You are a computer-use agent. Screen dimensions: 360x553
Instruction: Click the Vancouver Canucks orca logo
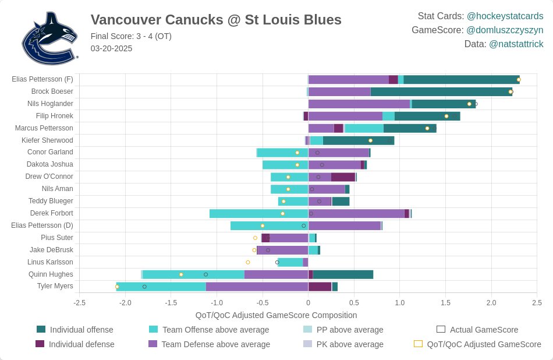pyautogui.click(x=49, y=38)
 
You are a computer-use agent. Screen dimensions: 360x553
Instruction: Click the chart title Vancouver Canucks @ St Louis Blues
pyautogui.click(x=216, y=20)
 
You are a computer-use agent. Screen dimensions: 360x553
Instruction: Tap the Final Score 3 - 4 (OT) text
pyautogui.click(x=131, y=36)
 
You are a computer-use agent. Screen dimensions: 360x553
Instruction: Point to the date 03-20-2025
pyautogui.click(x=111, y=48)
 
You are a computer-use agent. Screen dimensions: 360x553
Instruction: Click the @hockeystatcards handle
pyautogui.click(x=505, y=16)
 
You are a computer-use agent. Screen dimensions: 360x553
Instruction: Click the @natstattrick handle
pyautogui.click(x=516, y=44)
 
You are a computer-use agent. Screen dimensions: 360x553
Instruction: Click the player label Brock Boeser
pyautogui.click(x=52, y=91)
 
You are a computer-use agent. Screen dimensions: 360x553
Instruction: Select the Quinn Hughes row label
pyautogui.click(x=51, y=274)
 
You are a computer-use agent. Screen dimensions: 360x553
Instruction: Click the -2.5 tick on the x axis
pyautogui.click(x=80, y=303)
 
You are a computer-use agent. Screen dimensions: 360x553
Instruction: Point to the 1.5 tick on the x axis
pyautogui.click(x=445, y=303)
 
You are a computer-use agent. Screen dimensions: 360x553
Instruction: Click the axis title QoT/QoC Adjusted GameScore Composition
pyautogui.click(x=276, y=315)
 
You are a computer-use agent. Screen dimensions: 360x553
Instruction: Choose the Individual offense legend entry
pyautogui.click(x=81, y=330)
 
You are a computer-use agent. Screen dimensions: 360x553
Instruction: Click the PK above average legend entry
pyautogui.click(x=349, y=344)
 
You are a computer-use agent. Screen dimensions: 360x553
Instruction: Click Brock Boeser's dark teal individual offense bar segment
pyautogui.click(x=441, y=91)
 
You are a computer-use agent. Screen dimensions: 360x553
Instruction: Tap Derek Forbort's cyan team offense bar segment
pyautogui.click(x=258, y=213)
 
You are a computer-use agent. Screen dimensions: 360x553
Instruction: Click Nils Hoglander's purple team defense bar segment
pyautogui.click(x=359, y=104)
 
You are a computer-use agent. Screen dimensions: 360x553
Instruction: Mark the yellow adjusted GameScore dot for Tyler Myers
pyautogui.click(x=117, y=287)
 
